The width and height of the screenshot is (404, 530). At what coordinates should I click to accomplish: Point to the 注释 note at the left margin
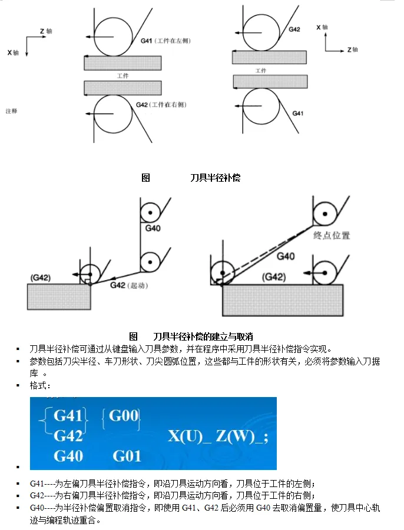[11, 111]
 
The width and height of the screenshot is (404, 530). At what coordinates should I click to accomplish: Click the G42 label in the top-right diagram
[294, 29]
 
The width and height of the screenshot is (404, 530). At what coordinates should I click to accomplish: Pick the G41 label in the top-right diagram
[298, 113]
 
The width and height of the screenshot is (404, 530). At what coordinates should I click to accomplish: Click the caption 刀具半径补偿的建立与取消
[203, 336]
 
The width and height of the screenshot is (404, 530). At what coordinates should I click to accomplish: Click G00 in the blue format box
[123, 416]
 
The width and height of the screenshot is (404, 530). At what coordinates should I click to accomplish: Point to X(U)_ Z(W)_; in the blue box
[218, 436]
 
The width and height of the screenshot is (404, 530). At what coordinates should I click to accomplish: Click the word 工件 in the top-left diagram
[122, 76]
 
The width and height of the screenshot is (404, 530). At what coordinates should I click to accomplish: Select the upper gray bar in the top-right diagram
[269, 57]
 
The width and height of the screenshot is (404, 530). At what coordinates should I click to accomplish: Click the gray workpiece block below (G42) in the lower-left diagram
[59, 296]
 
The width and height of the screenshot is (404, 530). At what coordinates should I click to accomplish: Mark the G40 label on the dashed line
[286, 256]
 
